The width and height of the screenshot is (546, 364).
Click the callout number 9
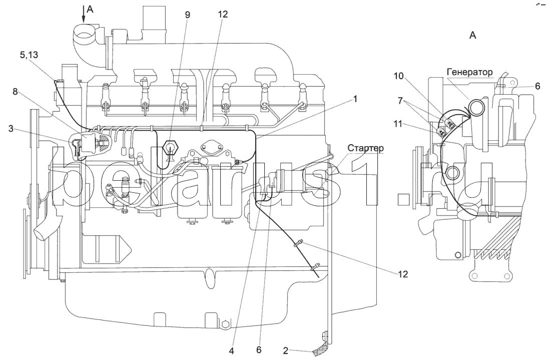188,15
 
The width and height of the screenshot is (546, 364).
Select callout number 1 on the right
355,99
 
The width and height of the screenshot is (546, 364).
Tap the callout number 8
15,92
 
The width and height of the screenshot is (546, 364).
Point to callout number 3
11,129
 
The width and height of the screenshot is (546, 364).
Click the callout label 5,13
29,55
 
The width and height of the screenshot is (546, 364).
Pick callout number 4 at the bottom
232,351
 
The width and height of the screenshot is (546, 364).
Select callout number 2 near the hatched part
286,351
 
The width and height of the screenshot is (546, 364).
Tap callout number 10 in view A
399,76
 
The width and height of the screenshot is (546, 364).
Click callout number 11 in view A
398,124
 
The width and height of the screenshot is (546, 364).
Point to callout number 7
400,101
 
